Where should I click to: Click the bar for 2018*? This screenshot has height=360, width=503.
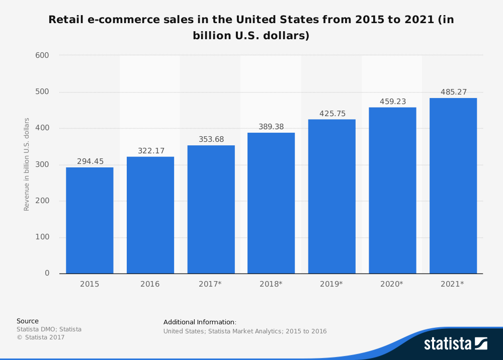271,203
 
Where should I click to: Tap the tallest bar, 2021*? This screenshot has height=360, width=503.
453,186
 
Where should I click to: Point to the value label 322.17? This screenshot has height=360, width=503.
151,151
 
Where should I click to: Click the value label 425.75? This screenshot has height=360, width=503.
332,114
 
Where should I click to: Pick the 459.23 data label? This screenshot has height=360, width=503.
393,102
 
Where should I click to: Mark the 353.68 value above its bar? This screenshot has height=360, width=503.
211,139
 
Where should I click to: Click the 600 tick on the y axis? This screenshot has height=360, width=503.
42,55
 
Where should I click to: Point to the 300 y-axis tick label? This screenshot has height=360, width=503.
42,164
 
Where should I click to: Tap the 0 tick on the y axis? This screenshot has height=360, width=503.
47,274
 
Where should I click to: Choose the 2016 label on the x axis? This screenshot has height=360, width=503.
150,284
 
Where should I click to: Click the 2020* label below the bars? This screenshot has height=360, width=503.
392,284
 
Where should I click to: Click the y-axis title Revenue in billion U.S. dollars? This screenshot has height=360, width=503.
27,164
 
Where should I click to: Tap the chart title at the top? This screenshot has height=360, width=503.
251,28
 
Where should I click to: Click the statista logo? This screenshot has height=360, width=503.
455,343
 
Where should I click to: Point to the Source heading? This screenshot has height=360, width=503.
28,321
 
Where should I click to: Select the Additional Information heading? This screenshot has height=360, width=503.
200,322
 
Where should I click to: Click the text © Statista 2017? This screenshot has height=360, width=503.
41,337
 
